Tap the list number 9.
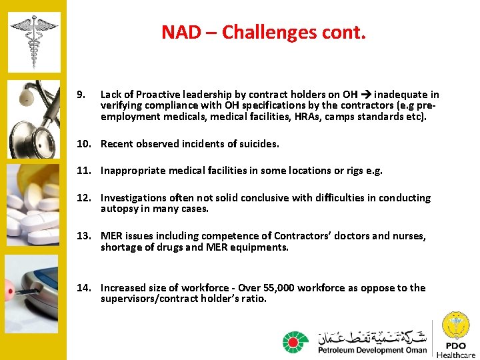pyautogui.click(x=80, y=95)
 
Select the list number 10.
pyautogui.click(x=83, y=143)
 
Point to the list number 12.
pyautogui.click(x=83, y=198)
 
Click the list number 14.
pyautogui.click(x=83, y=288)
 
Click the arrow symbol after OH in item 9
pyautogui.click(x=365, y=95)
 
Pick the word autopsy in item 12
pyautogui.click(x=119, y=209)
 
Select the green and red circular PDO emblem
pyautogui.click(x=295, y=342)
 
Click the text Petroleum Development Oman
pyautogui.click(x=372, y=350)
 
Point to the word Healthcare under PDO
pyautogui.click(x=456, y=355)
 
